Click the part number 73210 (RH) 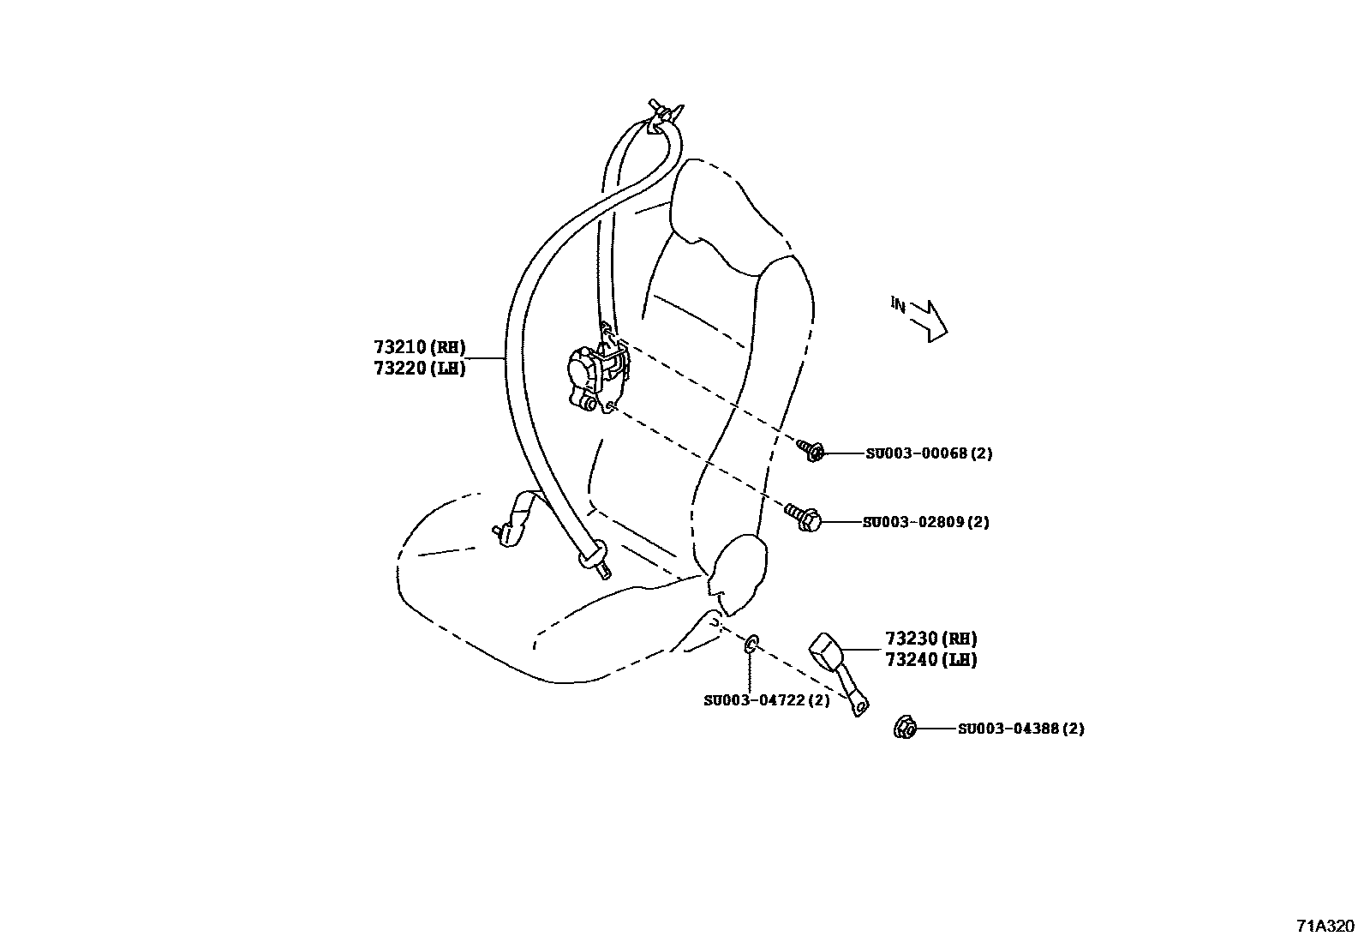tap(419, 347)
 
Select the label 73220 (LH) tap(419, 369)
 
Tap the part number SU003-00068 tap(928, 453)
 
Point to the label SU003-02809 tap(925, 521)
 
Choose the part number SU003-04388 tap(1020, 729)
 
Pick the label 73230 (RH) tap(930, 639)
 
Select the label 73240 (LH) tap(930, 660)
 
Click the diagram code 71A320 tap(1325, 926)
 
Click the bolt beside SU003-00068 tap(811, 450)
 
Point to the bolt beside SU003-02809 tap(804, 517)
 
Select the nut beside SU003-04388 tap(905, 728)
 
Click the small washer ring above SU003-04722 tap(749, 645)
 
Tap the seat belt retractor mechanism tap(596, 375)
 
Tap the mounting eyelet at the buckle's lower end tap(859, 705)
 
